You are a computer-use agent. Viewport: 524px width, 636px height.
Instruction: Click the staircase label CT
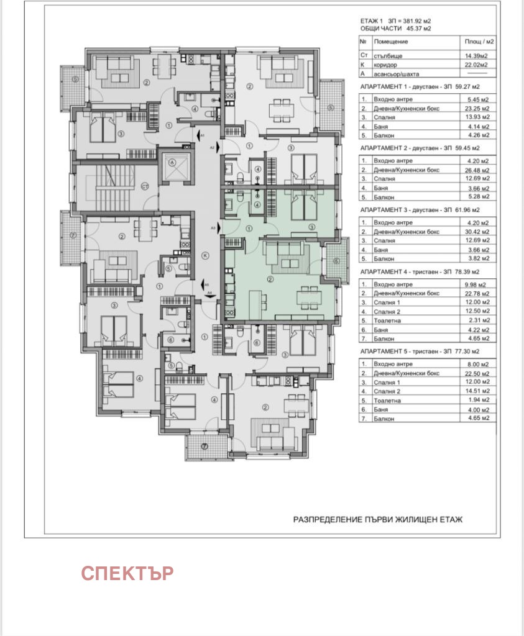click(144, 186)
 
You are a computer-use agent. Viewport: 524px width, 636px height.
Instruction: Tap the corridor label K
click(205, 255)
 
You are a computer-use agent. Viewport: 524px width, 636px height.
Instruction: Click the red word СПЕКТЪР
click(127, 573)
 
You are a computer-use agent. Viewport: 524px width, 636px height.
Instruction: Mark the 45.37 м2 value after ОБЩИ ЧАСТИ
click(418, 29)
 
